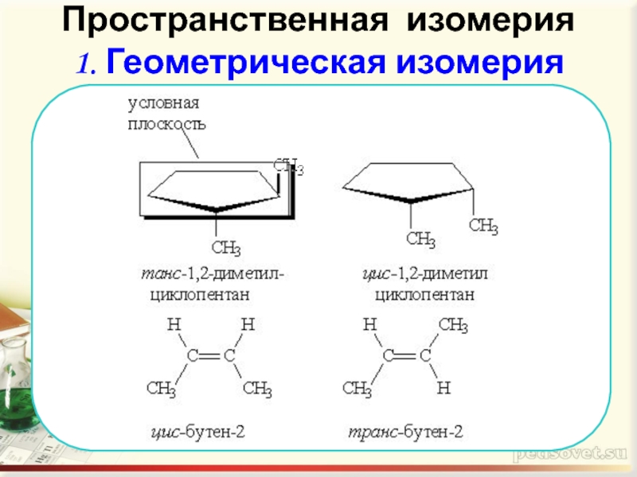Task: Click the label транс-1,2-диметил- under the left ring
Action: pos(213,274)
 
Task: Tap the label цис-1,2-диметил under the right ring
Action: pos(424,274)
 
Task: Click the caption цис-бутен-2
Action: pos(198,433)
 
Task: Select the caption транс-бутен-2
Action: pos(405,433)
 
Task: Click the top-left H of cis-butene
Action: pos(171,324)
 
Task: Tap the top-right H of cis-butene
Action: pos(248,324)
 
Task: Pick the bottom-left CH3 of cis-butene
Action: pos(162,389)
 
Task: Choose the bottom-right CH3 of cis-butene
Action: pos(257,389)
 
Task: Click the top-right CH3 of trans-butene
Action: pos(453,325)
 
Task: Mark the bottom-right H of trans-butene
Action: pos(444,389)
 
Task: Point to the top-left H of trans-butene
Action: pos(368,324)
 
